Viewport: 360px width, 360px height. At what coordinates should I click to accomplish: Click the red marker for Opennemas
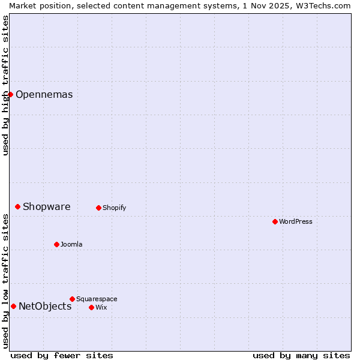tap(10, 94)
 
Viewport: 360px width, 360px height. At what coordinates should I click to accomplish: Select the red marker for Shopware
tap(17, 206)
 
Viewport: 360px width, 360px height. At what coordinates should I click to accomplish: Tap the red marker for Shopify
tap(98, 208)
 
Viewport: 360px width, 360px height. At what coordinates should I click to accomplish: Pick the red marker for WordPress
tap(275, 221)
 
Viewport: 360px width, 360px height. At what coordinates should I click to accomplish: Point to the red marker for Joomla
tap(56, 244)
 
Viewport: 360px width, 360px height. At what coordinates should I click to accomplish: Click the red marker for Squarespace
tap(72, 299)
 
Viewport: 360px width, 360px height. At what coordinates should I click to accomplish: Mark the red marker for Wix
tap(91, 307)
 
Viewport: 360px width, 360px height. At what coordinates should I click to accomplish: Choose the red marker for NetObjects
tap(13, 306)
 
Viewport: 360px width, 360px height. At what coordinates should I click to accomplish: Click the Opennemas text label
tap(44, 94)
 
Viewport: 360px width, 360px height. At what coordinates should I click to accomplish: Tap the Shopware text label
tap(46, 207)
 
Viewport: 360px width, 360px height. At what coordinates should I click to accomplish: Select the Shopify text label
tap(114, 208)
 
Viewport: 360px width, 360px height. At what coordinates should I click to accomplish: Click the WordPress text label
tap(295, 222)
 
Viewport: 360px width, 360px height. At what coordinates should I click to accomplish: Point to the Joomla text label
tap(71, 245)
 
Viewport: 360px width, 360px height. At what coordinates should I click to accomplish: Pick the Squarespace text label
tap(97, 299)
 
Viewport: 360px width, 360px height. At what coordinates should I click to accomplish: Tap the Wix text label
tap(101, 308)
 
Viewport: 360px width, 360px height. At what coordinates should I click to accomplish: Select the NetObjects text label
tap(45, 307)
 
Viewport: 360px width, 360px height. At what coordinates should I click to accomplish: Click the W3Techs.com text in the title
tap(326, 5)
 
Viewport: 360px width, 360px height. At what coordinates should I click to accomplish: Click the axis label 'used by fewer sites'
tap(62, 355)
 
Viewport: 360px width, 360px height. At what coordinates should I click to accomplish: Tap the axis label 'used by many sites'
tap(301, 355)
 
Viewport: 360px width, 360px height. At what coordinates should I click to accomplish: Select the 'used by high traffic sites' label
tap(5, 85)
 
